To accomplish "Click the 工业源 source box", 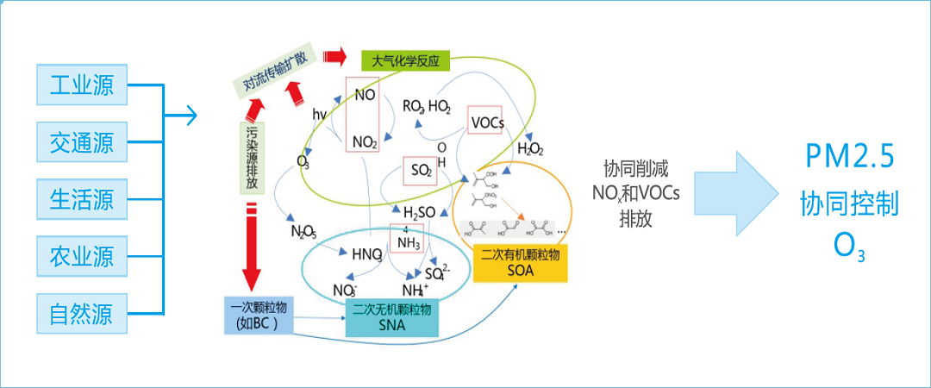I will click(x=82, y=84).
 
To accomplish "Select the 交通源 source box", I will click(x=82, y=141).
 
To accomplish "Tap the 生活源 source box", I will click(x=82, y=198).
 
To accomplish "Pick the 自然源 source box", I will click(x=82, y=312).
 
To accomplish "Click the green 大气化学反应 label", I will click(x=405, y=60).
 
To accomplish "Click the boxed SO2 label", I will click(x=421, y=171).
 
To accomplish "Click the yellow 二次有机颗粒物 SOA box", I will click(x=521, y=263).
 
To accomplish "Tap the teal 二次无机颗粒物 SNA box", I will click(x=392, y=316).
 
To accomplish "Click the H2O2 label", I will click(x=529, y=148).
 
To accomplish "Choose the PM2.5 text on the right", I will click(x=849, y=156).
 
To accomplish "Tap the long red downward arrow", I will click(x=251, y=246).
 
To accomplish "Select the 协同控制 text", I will click(x=849, y=203).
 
